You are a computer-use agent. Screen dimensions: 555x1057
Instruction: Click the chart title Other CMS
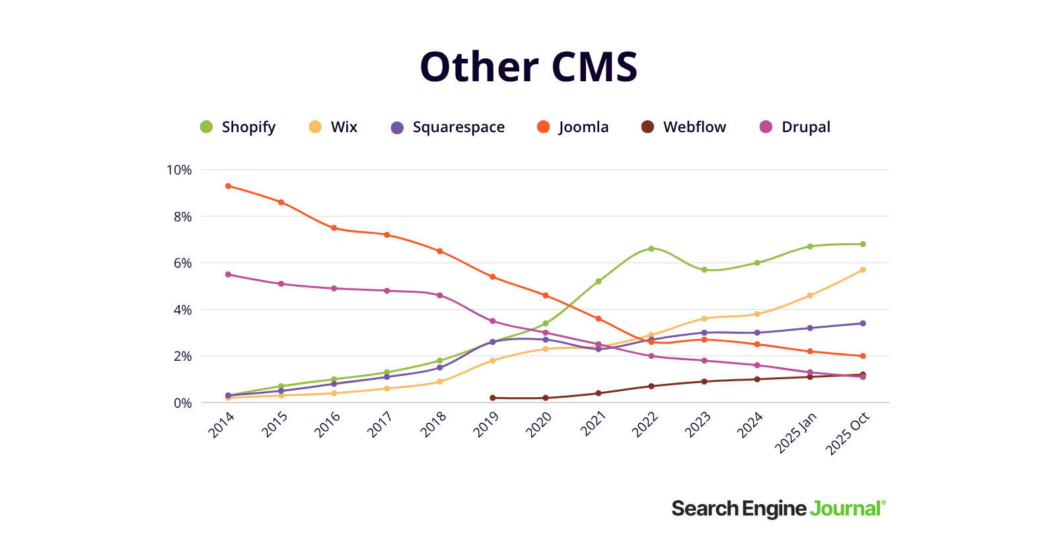(528, 67)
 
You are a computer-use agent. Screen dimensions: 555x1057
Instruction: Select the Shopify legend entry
(248, 127)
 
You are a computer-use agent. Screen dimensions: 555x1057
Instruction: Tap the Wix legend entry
(343, 127)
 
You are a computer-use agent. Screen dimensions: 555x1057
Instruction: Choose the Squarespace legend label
(458, 127)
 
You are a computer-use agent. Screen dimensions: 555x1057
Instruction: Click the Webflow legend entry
(694, 127)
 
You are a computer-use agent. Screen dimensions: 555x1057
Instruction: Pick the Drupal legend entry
(805, 127)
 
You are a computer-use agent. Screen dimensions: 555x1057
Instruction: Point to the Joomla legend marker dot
(544, 127)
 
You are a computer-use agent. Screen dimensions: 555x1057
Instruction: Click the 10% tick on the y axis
(179, 170)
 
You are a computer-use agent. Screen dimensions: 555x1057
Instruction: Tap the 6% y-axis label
(182, 263)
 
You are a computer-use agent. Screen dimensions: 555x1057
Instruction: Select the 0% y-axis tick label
(182, 403)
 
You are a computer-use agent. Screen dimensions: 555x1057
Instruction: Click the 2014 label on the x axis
(221, 425)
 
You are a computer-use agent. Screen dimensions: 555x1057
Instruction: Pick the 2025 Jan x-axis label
(795, 433)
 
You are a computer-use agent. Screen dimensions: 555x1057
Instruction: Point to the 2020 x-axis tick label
(538, 425)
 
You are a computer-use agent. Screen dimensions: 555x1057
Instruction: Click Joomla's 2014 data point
(228, 186)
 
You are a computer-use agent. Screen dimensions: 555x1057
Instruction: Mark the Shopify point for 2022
(651, 248)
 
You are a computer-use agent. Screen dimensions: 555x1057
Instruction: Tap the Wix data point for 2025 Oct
(863, 270)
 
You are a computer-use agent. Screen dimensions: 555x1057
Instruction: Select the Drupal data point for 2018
(440, 295)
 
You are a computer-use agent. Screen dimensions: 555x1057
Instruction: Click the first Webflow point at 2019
(493, 398)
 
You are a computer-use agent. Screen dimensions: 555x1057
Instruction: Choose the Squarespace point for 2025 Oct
(863, 323)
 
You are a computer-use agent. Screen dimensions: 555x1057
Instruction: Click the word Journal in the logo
(846, 509)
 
